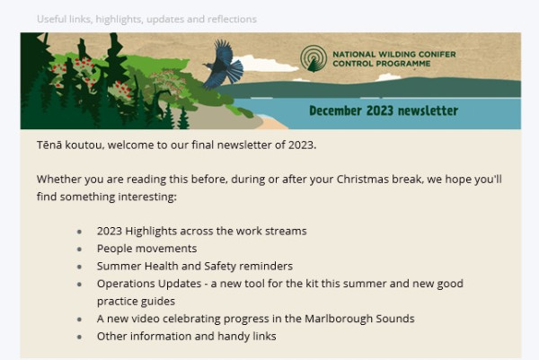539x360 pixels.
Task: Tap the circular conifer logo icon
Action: pos(314,58)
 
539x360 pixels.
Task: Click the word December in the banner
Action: pos(335,110)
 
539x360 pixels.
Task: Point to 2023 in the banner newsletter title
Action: pos(379,110)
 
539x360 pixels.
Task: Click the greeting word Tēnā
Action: pos(49,145)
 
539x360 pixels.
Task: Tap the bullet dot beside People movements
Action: pos(79,249)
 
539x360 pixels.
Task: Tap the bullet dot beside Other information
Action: pos(79,337)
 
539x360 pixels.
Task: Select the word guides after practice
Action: pos(159,302)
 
